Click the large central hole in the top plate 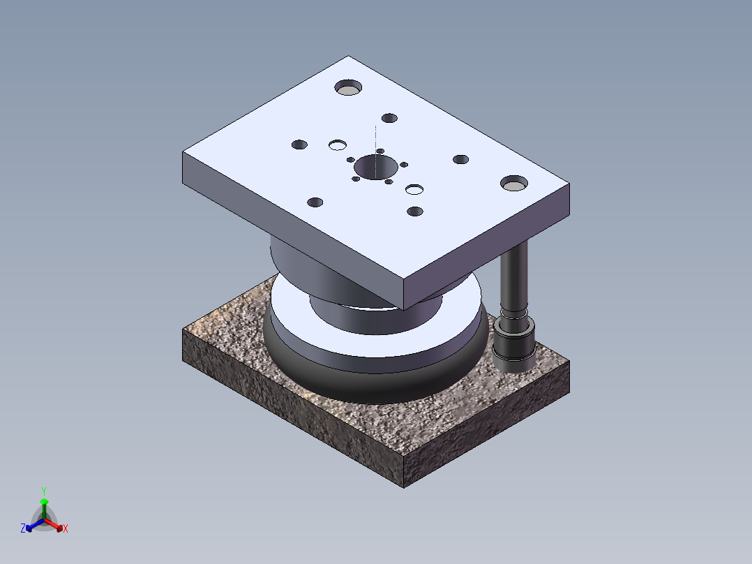click(375, 167)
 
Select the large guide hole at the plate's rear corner click(348, 87)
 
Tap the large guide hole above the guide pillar click(514, 183)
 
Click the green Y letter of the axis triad click(43, 491)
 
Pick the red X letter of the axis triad click(66, 529)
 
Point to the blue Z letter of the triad click(23, 529)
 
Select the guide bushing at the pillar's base click(513, 346)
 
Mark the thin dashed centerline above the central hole click(375, 140)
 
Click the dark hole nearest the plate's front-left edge click(315, 202)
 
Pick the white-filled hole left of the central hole click(338, 145)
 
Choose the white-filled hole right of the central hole click(415, 189)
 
